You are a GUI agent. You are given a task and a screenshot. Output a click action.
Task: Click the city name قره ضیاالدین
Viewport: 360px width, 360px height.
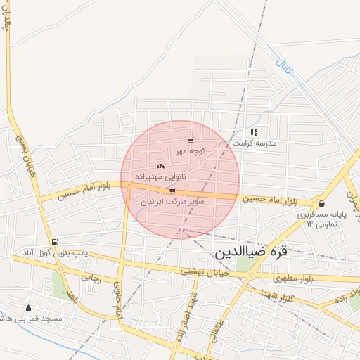pyautogui.click(x=251, y=251)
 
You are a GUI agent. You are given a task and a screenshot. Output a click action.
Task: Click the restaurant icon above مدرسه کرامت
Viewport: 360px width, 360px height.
pyautogui.click(x=253, y=131)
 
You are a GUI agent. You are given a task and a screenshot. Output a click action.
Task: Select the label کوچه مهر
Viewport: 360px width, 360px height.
pyautogui.click(x=191, y=151)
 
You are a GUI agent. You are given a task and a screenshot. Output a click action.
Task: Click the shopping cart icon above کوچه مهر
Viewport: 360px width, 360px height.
pyautogui.click(x=191, y=141)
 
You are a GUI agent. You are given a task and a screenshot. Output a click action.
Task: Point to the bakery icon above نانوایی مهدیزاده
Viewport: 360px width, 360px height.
pyautogui.click(x=160, y=167)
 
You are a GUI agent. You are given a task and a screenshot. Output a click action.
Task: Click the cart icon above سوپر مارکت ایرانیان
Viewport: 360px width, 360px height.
pyautogui.click(x=172, y=191)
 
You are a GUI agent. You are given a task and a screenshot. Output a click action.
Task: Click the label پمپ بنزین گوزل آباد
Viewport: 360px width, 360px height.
pyautogui.click(x=54, y=252)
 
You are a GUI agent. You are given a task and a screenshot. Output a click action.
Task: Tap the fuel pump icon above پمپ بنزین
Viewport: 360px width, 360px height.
pyautogui.click(x=55, y=241)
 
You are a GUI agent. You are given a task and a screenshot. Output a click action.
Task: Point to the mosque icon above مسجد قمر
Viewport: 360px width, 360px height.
pyautogui.click(x=28, y=308)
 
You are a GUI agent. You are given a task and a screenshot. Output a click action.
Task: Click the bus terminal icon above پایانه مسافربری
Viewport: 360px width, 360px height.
pyautogui.click(x=321, y=203)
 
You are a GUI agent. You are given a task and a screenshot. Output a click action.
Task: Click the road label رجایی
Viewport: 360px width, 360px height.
pyautogui.click(x=91, y=278)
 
